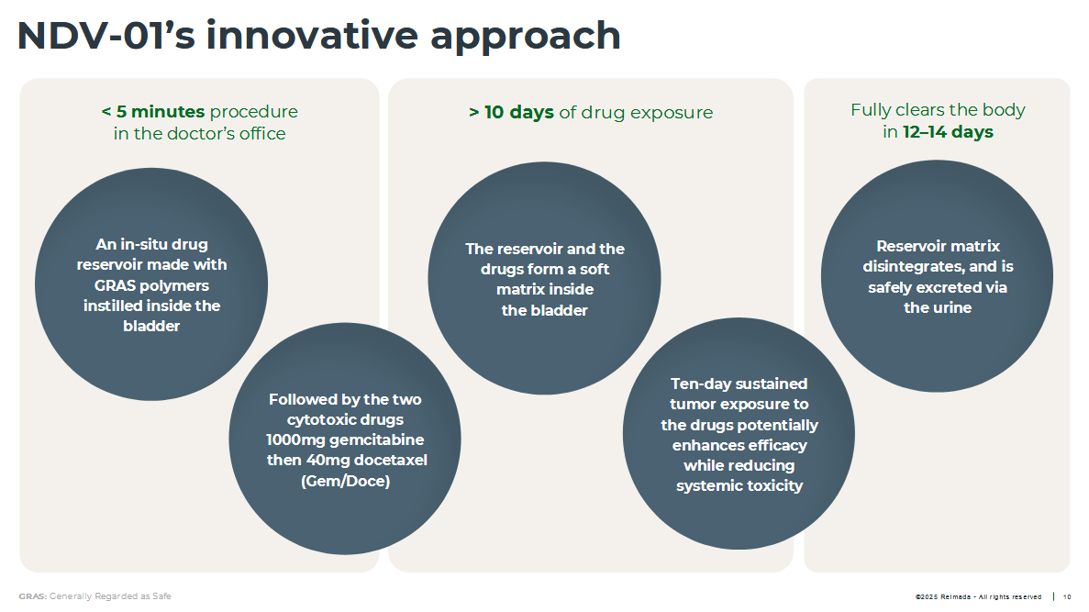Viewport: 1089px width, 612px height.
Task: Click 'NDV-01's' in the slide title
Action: [106, 36]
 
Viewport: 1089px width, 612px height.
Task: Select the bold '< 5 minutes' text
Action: [153, 111]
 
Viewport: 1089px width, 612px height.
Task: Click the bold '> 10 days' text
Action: [511, 112]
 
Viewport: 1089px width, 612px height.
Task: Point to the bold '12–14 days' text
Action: [948, 132]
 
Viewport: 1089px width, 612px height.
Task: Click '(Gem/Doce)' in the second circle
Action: [345, 481]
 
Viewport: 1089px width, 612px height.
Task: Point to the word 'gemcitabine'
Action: [376, 440]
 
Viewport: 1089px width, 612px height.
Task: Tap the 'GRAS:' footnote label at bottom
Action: [33, 596]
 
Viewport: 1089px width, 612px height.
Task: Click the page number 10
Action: [1068, 596]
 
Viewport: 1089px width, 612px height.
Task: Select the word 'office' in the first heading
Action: [262, 133]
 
